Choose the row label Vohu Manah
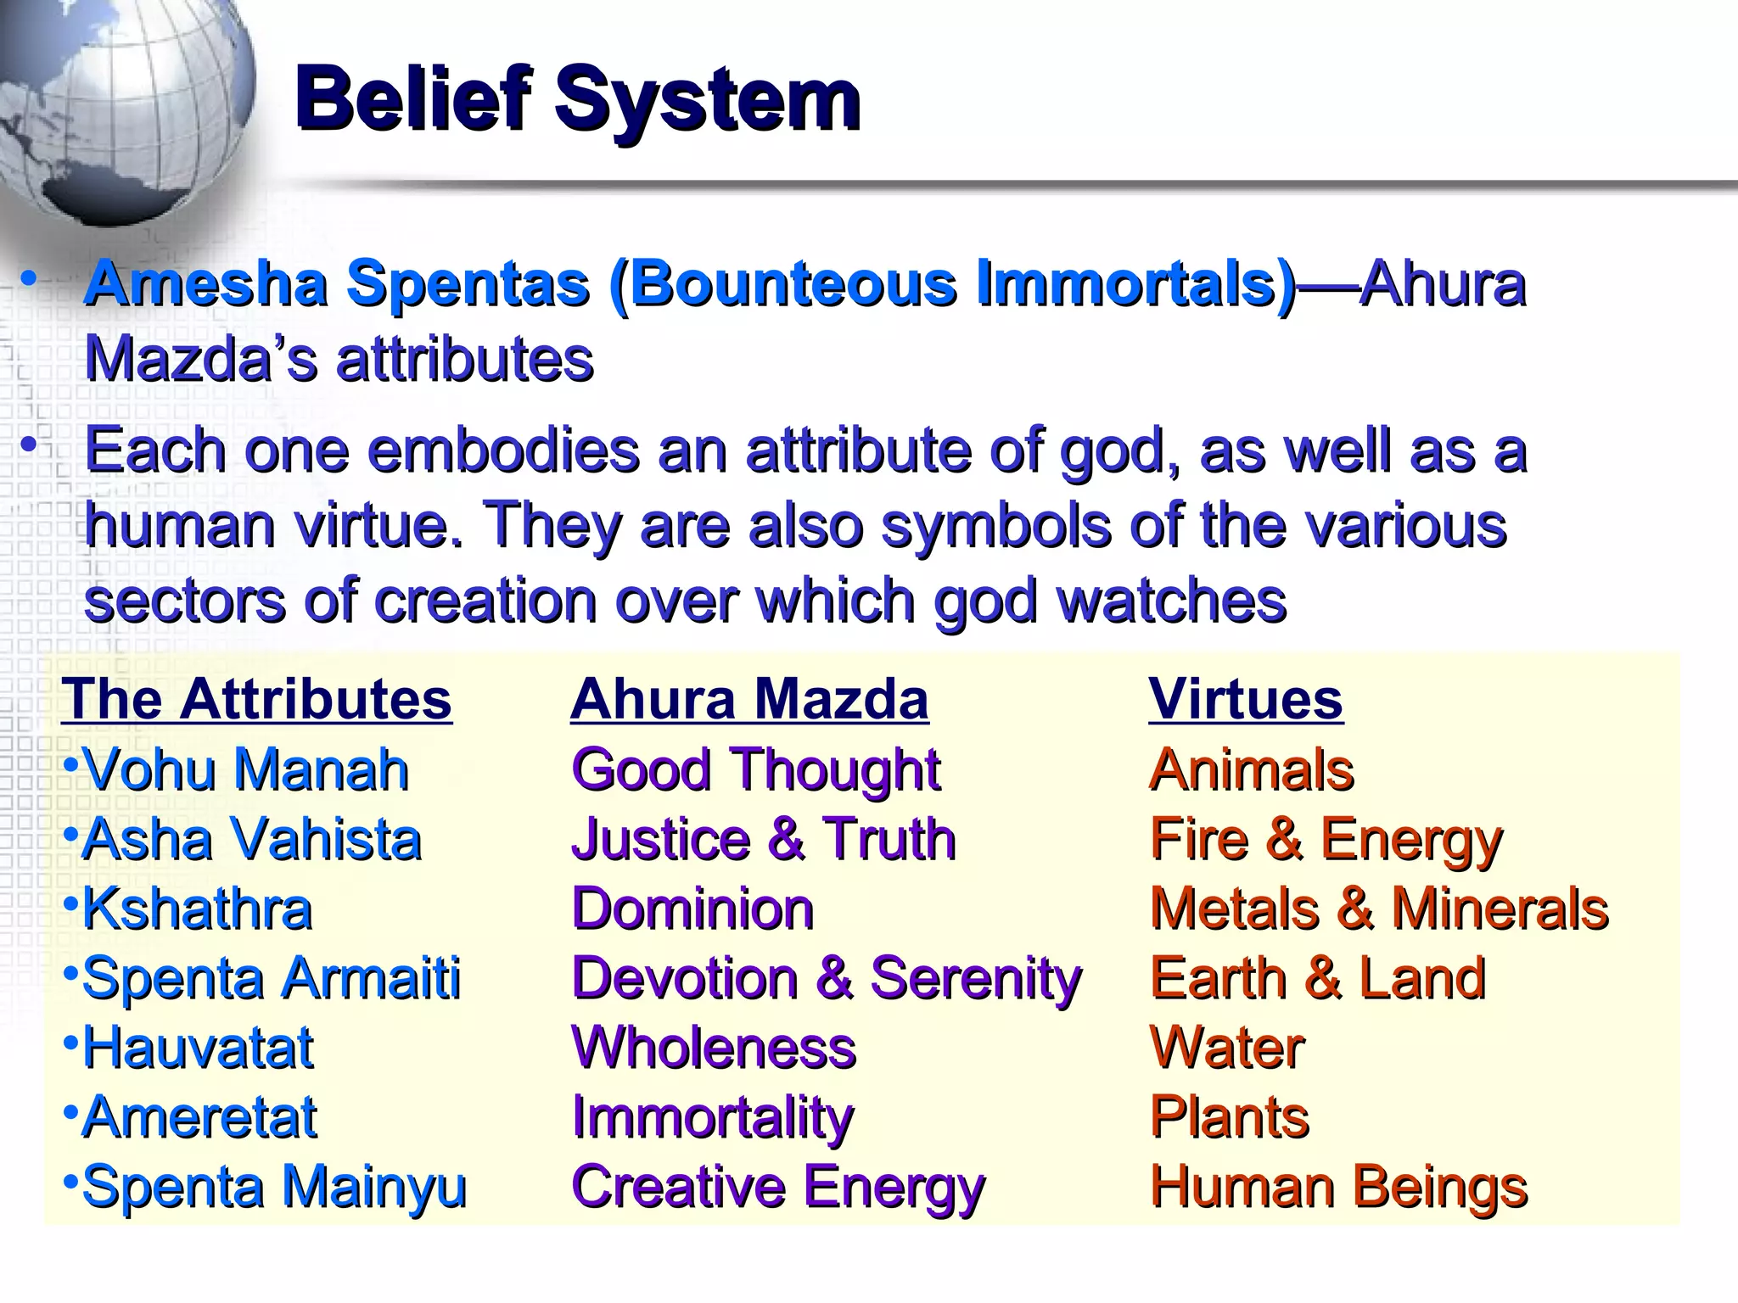coord(244,769)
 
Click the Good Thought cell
coord(755,769)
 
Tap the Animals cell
coord(1252,769)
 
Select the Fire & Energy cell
coord(1326,840)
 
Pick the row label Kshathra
coord(197,909)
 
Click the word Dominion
coord(692,909)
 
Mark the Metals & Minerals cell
coord(1379,909)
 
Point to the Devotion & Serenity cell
coord(827,978)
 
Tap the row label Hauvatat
coord(198,1048)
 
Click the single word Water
coord(1227,1048)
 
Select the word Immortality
coord(713,1117)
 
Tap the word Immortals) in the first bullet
coord(1137,283)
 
